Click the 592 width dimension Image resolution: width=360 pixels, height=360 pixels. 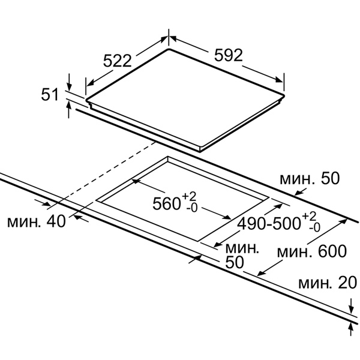tap(228, 55)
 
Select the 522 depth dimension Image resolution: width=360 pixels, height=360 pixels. tap(118, 61)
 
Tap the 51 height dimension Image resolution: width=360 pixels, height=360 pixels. tap(50, 94)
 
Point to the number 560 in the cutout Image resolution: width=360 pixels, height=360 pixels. tap(166, 203)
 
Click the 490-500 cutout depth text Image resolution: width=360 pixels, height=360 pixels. tap(269, 224)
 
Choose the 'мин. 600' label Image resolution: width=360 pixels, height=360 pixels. tap(311, 251)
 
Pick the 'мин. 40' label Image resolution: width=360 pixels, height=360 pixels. tap(37, 221)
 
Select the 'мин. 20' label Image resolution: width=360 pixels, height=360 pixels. tap(328, 282)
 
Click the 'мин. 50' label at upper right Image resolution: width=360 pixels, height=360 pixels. tap(310, 178)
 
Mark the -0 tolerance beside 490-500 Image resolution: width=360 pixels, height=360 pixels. tap(314, 227)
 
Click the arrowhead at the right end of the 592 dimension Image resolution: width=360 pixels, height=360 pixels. tap(280, 79)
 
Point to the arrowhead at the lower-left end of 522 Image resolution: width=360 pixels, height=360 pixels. tap(90, 83)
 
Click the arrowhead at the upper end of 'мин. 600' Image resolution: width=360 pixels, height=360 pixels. tap(343, 221)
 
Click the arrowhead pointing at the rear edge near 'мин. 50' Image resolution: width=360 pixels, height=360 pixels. tap(298, 193)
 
